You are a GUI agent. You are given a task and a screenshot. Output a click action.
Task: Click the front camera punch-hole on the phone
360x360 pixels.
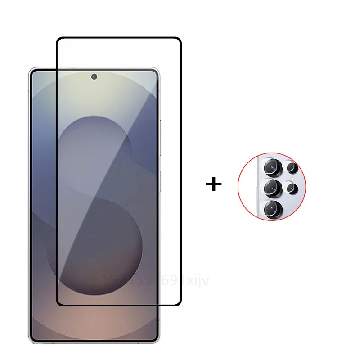[94, 76]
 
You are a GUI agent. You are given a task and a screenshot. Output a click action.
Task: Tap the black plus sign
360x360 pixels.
[214, 184]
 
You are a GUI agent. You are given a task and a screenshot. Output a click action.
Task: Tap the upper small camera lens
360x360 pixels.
[292, 168]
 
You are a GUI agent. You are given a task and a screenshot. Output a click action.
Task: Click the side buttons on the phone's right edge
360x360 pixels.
[160, 148]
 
